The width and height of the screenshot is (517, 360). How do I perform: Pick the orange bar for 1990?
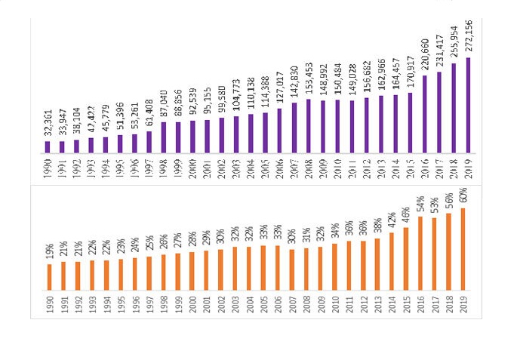[x=50, y=277]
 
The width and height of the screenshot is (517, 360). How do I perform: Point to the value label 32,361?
[x=48, y=122]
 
